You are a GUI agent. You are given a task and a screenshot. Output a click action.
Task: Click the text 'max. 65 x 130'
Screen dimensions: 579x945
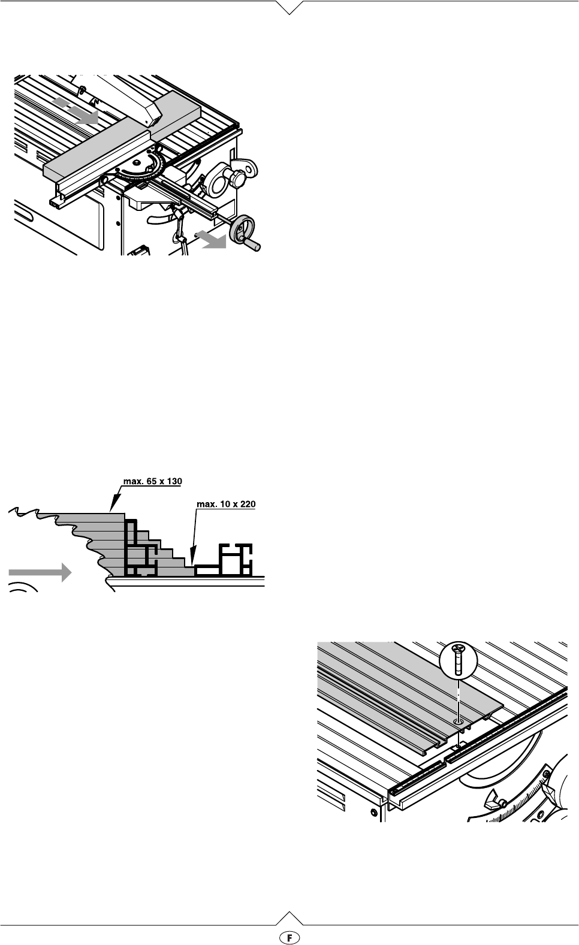[152, 481]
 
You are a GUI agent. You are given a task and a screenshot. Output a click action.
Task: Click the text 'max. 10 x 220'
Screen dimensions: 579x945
[226, 505]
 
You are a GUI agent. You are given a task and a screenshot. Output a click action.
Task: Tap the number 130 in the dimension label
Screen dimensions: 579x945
[173, 481]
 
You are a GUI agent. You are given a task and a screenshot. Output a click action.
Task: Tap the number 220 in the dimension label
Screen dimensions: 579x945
[246, 505]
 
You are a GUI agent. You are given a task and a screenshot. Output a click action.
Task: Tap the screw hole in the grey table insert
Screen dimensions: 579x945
[458, 723]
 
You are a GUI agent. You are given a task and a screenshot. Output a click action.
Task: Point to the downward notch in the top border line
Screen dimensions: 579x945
[289, 8]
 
